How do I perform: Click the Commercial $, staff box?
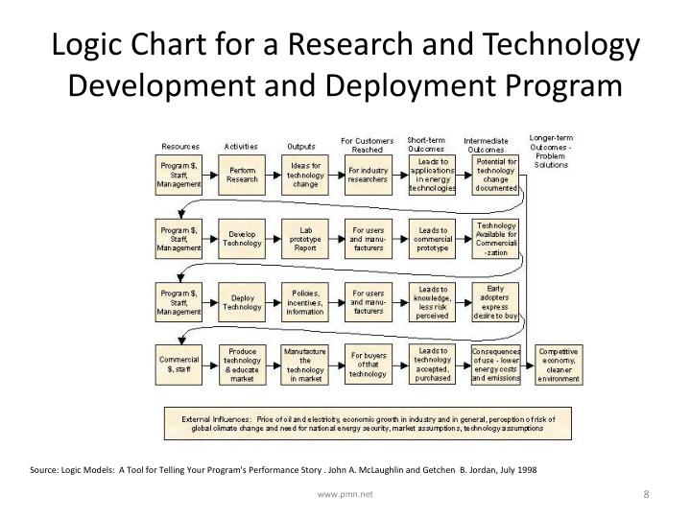tap(179, 364)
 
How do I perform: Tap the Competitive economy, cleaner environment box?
tap(559, 365)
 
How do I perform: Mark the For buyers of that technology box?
tap(369, 365)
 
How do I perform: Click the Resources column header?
tap(180, 147)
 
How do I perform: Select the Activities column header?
tap(242, 147)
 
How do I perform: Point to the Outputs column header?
tap(301, 147)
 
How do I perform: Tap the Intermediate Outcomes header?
tap(486, 144)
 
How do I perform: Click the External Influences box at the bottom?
tap(369, 423)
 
